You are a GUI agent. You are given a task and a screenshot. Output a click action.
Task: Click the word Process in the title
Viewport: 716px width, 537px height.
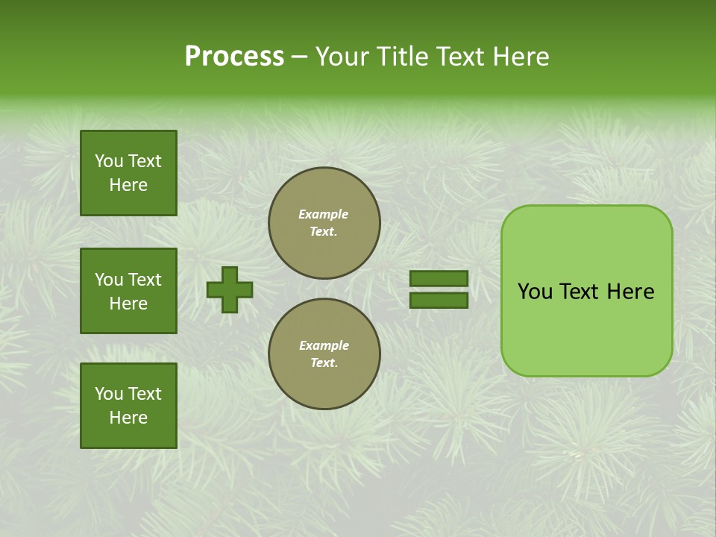pos(234,57)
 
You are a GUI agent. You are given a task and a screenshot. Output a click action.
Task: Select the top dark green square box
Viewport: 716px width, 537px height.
pos(128,173)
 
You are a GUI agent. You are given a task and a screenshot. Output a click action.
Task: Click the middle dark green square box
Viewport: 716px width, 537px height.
pos(128,291)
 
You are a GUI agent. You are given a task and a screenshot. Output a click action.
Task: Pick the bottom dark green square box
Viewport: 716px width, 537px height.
pos(128,406)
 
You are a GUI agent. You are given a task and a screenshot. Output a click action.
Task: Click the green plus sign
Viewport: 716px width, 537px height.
pos(230,289)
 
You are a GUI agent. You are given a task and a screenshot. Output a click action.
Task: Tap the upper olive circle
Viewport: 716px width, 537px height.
pos(324,223)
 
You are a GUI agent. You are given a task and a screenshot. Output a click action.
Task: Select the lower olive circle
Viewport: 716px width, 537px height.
pos(324,354)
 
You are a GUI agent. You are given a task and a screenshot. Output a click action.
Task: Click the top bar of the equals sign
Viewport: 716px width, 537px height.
pos(439,278)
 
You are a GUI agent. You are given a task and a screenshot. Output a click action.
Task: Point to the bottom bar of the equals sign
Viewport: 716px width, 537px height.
pos(439,301)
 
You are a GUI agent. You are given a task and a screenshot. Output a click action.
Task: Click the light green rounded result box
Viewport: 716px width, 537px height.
pos(586,291)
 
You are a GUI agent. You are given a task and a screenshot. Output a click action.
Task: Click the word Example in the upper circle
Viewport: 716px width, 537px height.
pos(324,214)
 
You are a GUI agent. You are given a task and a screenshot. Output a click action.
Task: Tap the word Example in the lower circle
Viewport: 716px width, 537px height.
pos(324,345)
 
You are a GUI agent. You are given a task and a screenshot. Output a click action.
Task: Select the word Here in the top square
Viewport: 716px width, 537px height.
pos(128,185)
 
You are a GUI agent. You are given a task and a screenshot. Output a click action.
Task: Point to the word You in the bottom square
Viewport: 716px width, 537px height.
pos(109,394)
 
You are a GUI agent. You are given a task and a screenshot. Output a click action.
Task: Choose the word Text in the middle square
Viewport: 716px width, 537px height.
pos(145,280)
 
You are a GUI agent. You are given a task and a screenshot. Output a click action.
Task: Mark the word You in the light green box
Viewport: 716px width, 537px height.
pos(535,292)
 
